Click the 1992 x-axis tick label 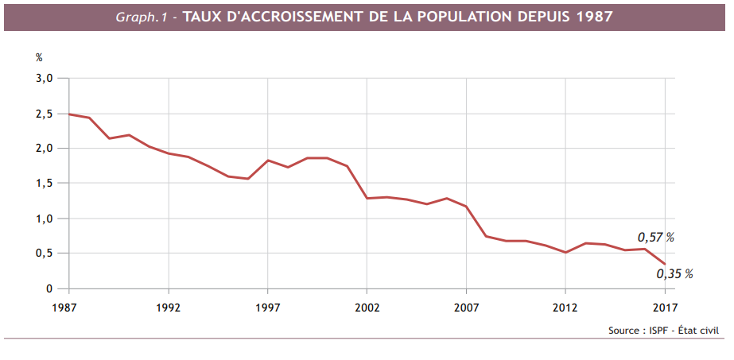(169, 307)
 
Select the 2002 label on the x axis (367, 307)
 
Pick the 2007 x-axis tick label (466, 307)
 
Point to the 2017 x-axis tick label (665, 307)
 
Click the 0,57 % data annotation (655, 237)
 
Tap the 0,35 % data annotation (674, 274)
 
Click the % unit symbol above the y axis (39, 57)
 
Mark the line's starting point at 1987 (69, 114)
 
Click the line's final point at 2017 (665, 264)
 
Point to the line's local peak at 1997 (268, 160)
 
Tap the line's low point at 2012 (565, 253)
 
